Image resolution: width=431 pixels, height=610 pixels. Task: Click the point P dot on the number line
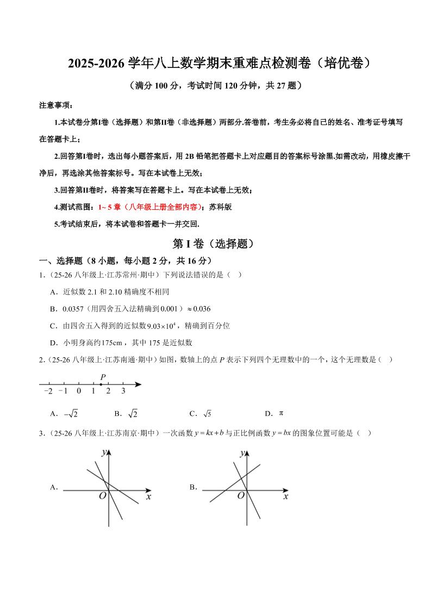(x=101, y=384)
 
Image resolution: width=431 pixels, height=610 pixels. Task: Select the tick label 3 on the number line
(x=123, y=391)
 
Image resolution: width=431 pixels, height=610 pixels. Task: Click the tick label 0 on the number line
(x=79, y=391)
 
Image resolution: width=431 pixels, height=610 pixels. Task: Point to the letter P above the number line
(x=102, y=377)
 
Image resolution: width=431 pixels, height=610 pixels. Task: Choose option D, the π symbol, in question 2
(x=281, y=413)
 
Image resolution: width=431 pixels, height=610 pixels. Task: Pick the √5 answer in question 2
(x=207, y=414)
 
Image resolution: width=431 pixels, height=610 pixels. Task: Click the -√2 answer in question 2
(x=71, y=414)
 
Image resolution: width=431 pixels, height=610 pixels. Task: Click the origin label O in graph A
(x=102, y=496)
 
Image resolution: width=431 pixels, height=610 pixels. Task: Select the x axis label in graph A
(x=148, y=496)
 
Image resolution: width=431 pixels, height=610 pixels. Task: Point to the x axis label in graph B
(x=285, y=496)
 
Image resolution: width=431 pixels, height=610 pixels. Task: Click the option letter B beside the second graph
(x=193, y=488)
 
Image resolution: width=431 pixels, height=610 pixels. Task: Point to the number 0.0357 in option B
(x=73, y=309)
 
